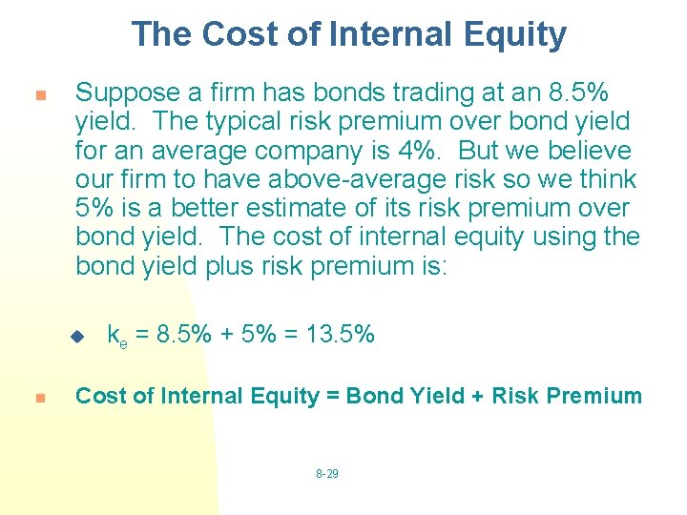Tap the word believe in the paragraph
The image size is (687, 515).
589,151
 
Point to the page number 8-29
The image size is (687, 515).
326,474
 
